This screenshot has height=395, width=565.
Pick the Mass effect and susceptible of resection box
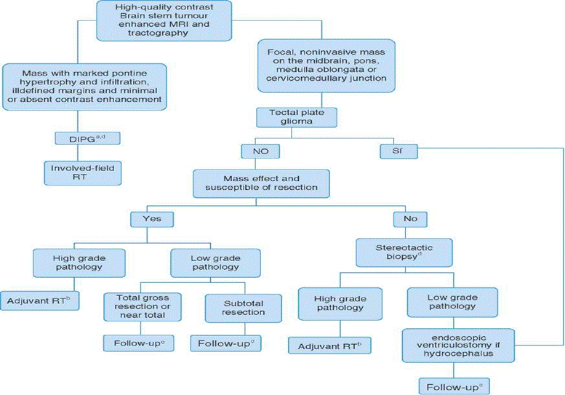[265, 183]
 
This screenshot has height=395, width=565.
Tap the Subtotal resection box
[235, 307]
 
